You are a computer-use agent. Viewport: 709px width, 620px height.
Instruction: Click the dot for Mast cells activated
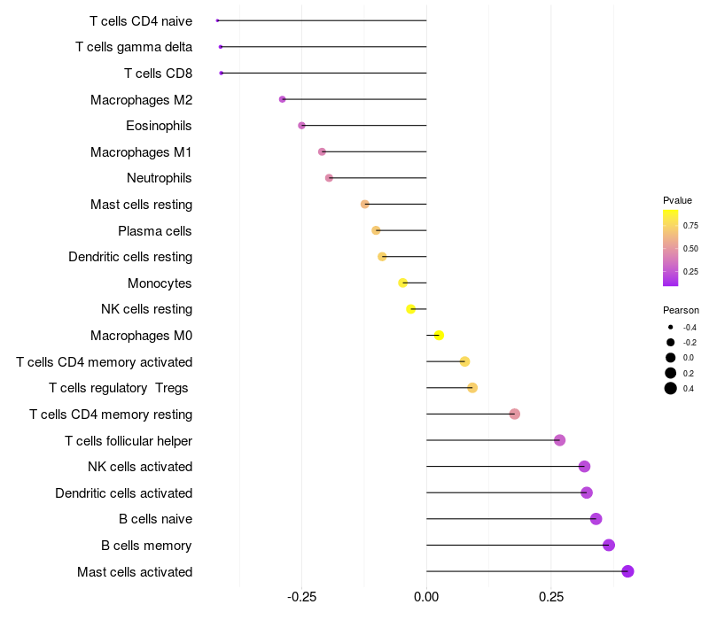pos(627,571)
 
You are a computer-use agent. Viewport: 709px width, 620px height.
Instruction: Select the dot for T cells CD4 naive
pos(217,20)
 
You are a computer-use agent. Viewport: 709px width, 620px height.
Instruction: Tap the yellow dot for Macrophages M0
pos(439,336)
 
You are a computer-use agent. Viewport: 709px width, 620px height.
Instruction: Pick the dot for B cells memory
pos(609,546)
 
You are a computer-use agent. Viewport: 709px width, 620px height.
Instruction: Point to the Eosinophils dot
pos(301,126)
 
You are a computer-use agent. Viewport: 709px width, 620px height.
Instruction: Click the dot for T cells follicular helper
pos(559,440)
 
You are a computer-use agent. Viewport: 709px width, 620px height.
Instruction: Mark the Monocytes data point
pos(402,283)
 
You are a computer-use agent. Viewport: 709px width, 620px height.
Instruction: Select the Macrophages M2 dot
pos(283,99)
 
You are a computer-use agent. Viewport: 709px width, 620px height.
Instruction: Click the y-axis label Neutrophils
pos(160,178)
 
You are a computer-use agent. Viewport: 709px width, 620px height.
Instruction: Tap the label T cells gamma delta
pos(134,47)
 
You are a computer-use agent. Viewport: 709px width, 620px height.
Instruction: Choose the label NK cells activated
pos(140,467)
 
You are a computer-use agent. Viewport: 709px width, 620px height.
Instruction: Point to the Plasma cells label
pos(155,231)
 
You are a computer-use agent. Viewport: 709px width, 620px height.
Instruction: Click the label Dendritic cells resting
pos(130,257)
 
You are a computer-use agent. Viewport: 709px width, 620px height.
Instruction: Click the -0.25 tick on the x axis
pos(301,598)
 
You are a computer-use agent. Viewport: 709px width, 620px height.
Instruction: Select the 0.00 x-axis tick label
pos(426,598)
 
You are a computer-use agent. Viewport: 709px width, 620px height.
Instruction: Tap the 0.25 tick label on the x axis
pos(551,598)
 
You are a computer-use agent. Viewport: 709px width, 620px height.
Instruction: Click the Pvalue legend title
pos(677,200)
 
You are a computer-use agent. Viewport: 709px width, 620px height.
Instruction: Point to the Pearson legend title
pos(681,311)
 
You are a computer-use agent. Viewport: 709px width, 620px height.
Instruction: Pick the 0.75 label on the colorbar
pos(690,226)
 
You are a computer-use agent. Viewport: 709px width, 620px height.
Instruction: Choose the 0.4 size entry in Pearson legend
pos(689,388)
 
